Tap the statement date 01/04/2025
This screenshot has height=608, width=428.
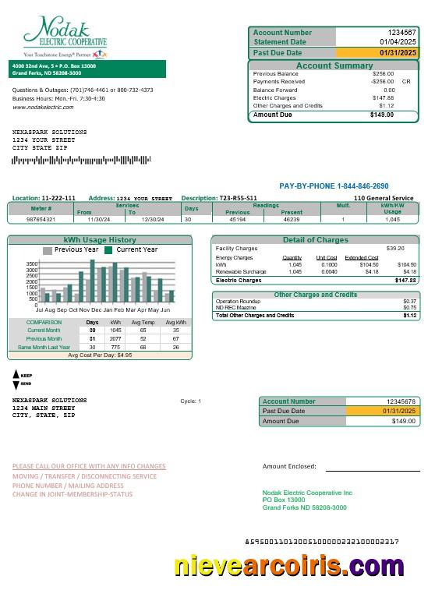[x=398, y=42]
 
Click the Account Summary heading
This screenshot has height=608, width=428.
[x=334, y=66]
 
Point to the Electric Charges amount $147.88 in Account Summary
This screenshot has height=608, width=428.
[x=383, y=97]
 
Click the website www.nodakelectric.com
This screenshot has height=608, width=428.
[x=43, y=107]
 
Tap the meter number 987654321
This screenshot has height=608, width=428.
[x=41, y=220]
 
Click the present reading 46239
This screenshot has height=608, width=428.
[x=292, y=220]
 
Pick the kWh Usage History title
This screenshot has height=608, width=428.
[x=100, y=239]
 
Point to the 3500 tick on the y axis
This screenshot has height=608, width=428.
[x=32, y=264]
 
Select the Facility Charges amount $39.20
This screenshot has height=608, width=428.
[x=395, y=248]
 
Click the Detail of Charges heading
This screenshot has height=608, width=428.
[x=315, y=239]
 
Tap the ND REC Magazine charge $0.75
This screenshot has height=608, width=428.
[x=409, y=308]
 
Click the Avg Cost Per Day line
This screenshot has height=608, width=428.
[x=100, y=355]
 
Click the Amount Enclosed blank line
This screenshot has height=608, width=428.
[x=372, y=470]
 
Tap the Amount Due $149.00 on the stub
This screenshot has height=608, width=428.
[x=403, y=421]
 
